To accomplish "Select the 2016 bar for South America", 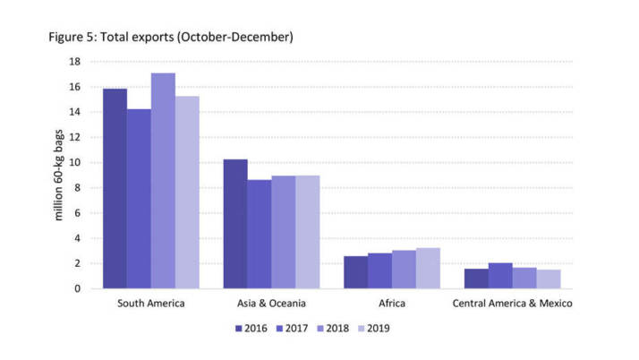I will [115, 189].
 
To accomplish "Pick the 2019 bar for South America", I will [187, 193].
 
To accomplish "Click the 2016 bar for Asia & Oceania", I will [235, 224].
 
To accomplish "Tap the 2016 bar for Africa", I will [355, 272].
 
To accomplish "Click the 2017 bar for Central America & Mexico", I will [500, 276].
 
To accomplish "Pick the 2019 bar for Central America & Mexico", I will [549, 279].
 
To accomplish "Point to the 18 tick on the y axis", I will [74, 62].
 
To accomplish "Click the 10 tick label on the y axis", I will [74, 163].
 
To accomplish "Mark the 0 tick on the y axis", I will [78, 288].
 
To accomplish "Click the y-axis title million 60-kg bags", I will [58, 176].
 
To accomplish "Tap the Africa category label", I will [392, 304].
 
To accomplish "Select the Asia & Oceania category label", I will [271, 304].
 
